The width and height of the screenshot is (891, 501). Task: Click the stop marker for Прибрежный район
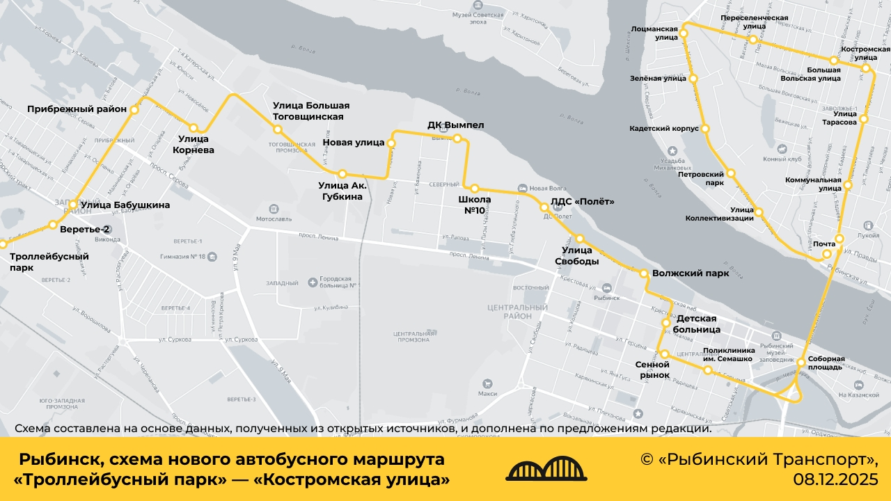tap(134, 109)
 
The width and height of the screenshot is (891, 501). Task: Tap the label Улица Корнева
tap(194, 144)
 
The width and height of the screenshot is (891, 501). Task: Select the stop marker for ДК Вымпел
tap(458, 138)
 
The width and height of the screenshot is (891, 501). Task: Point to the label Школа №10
tap(474, 205)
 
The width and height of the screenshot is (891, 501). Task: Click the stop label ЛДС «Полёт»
tap(582, 202)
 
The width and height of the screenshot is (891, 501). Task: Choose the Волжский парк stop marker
tap(645, 273)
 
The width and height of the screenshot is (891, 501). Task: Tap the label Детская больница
tap(698, 324)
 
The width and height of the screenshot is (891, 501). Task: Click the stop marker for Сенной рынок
tap(664, 354)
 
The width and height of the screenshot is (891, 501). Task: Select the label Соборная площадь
tap(826, 363)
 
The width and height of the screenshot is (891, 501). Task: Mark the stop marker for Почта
tap(826, 254)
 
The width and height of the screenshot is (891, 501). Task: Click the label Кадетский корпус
tap(664, 129)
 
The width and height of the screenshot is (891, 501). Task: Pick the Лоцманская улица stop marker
tap(684, 33)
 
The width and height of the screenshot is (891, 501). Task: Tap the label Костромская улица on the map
tap(865, 54)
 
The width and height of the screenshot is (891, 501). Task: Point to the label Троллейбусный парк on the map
tap(49, 262)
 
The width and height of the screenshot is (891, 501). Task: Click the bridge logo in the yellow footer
tap(546, 470)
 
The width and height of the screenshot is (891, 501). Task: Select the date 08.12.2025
tap(835, 479)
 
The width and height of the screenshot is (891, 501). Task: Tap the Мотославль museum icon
tap(274, 208)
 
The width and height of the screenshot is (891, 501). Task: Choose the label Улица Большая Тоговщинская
tap(311, 111)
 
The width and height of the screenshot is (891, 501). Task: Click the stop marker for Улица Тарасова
tap(863, 119)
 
